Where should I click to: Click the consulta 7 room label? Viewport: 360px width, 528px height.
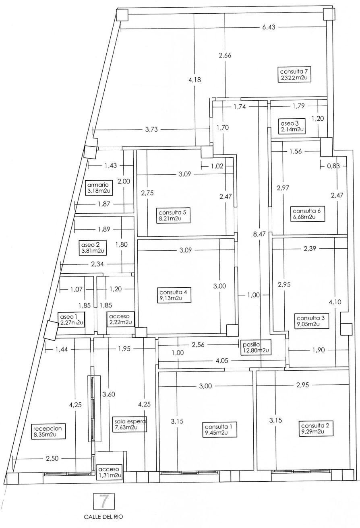pyautogui.click(x=296, y=75)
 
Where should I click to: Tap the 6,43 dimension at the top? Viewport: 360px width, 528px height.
pyautogui.click(x=269, y=27)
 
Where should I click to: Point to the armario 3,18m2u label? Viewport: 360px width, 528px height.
pyautogui.click(x=96, y=188)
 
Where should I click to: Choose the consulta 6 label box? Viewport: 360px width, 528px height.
pyautogui.click(x=306, y=214)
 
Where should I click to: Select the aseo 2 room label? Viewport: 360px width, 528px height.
pyautogui.click(x=93, y=248)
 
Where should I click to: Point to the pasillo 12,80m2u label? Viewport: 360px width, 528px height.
pyautogui.click(x=256, y=347)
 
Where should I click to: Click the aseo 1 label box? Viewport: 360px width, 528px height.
pyautogui.click(x=71, y=320)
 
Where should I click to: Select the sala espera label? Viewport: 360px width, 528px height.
pyautogui.click(x=130, y=424)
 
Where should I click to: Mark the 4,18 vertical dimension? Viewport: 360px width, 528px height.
pyautogui.click(x=195, y=80)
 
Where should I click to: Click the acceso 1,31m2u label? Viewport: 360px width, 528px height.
pyautogui.click(x=109, y=472)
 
